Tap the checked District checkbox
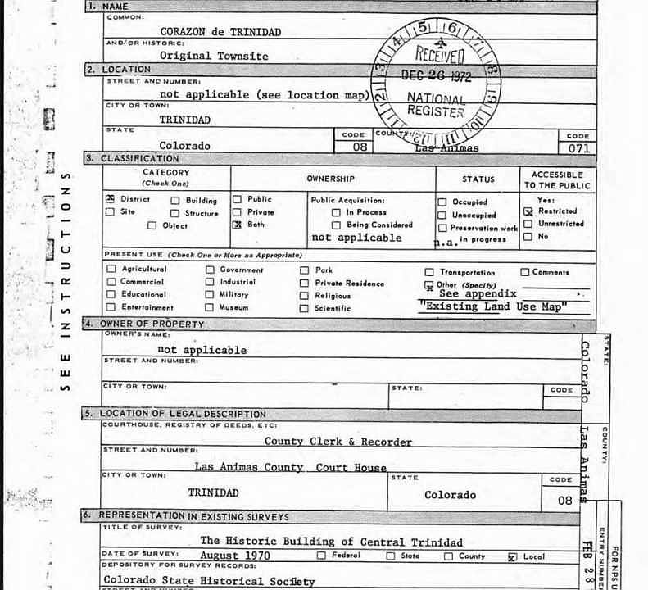click(x=111, y=199)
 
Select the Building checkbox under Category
click(x=175, y=200)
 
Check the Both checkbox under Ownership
click(x=238, y=225)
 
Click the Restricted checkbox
click(x=528, y=211)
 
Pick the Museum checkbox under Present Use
click(x=210, y=308)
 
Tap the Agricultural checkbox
click(x=111, y=269)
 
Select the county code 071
click(x=578, y=148)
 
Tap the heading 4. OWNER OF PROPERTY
click(x=152, y=324)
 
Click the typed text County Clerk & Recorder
click(x=338, y=441)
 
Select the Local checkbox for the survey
click(x=513, y=556)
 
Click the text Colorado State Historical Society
click(x=209, y=580)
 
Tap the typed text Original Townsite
click(x=213, y=56)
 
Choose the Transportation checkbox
click(x=429, y=272)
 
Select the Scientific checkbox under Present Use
click(x=304, y=309)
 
